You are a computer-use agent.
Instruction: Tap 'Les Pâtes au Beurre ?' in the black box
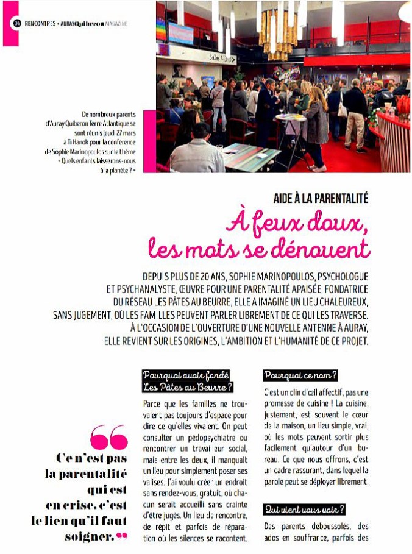tap(180, 386)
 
